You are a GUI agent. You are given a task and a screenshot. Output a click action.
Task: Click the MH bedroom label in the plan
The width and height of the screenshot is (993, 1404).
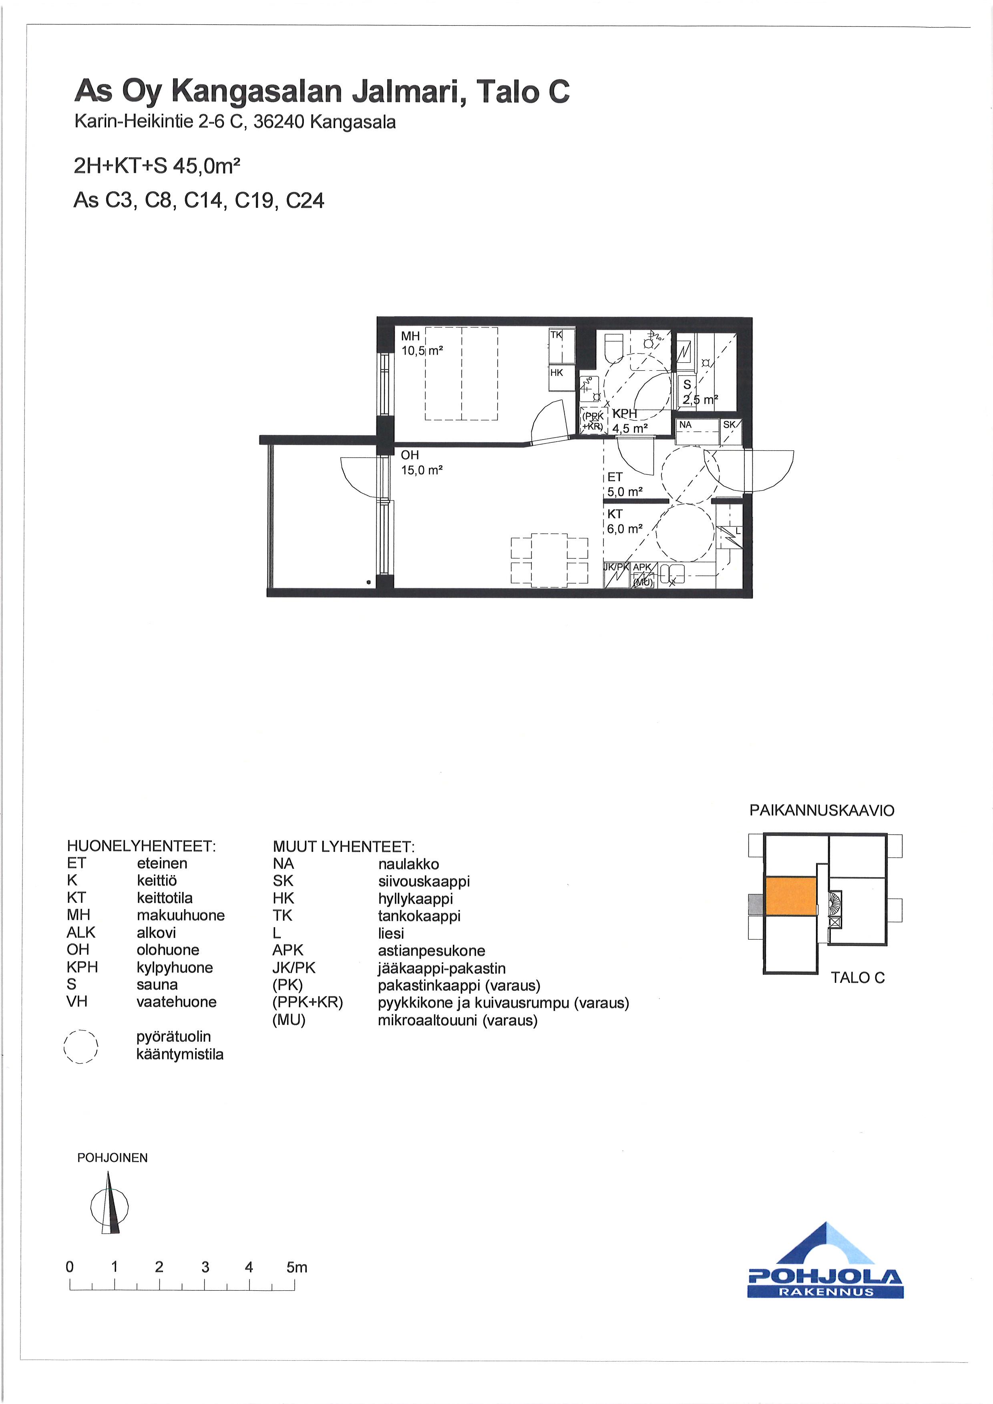click(x=410, y=336)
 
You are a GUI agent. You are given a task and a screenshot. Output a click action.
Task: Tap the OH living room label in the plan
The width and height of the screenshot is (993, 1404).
click(x=410, y=455)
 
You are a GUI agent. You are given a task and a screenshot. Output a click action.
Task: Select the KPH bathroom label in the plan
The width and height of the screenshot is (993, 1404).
click(x=624, y=414)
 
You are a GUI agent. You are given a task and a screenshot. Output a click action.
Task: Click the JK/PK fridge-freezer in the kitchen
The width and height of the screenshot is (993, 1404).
click(x=616, y=575)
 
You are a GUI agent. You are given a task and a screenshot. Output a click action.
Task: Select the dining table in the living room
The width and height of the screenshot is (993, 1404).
click(x=549, y=560)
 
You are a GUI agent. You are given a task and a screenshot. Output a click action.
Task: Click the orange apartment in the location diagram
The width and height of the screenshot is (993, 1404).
click(x=791, y=896)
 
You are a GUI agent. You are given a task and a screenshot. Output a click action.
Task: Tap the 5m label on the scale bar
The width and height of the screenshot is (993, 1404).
click(x=297, y=1267)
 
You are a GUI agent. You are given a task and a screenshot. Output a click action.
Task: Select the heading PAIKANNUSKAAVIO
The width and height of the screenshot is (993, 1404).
click(x=822, y=811)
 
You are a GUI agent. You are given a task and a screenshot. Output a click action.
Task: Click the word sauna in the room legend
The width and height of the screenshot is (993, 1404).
click(x=157, y=984)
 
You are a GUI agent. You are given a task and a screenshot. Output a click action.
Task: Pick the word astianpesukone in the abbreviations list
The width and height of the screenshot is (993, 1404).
click(x=432, y=951)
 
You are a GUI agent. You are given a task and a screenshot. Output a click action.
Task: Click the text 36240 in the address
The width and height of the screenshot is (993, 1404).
click(x=279, y=122)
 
